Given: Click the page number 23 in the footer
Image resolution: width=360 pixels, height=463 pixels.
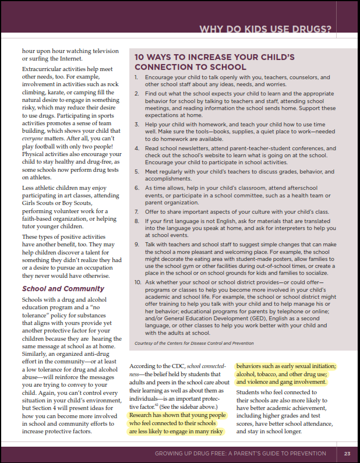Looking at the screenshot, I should pos(347,454).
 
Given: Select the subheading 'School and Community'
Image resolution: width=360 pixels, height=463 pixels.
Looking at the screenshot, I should pos(55,288).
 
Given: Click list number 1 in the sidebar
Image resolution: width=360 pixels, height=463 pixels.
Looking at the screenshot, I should pos(136,77).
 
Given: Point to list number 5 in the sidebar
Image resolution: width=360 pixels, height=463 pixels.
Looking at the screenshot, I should pos(136,172).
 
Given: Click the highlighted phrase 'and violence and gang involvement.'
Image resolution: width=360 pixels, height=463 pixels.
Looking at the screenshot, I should pos(281,382).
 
